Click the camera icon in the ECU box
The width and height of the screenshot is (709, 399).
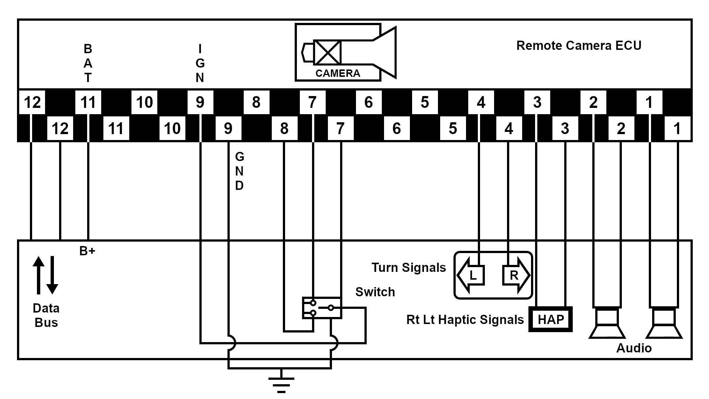click(x=345, y=52)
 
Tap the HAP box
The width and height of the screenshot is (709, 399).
click(x=551, y=319)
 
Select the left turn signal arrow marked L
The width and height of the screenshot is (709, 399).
click(x=470, y=275)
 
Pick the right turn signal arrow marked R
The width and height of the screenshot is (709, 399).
click(x=516, y=275)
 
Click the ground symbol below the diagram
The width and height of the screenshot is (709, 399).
click(x=281, y=384)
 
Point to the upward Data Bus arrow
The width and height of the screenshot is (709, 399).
click(x=38, y=275)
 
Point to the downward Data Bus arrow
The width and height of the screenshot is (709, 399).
click(x=52, y=276)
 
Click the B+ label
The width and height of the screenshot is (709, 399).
click(x=87, y=251)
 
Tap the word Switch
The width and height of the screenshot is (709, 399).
click(x=375, y=292)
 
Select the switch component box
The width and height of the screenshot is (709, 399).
click(x=322, y=308)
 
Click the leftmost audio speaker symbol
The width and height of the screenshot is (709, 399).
click(x=607, y=324)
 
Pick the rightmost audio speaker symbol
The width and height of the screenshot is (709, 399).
click(x=664, y=324)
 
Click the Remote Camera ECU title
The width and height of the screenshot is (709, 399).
click(x=578, y=45)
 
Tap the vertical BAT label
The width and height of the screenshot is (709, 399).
click(x=88, y=63)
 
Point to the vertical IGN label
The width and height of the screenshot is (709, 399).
click(x=200, y=63)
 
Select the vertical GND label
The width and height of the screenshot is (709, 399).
click(x=239, y=171)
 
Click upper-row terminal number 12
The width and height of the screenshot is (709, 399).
click(x=32, y=102)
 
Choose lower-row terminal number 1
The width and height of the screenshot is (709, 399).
click(x=677, y=129)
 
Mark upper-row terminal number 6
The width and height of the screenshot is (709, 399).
click(x=368, y=102)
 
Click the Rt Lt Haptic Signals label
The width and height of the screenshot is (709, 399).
click(x=465, y=320)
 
